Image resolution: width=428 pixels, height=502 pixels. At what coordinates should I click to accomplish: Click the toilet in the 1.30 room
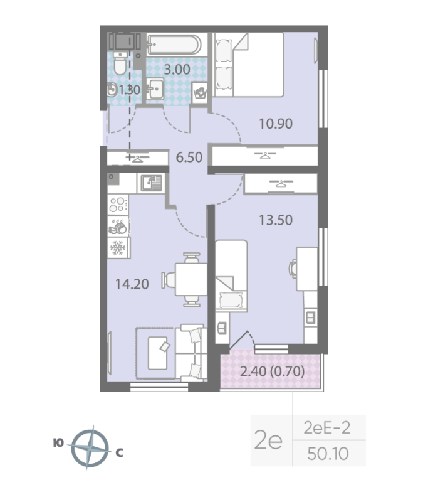point(120,63)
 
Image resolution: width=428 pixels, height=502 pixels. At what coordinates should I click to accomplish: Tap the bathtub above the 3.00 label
point(174,45)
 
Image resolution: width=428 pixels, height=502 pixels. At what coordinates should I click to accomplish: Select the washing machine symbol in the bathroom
point(200,93)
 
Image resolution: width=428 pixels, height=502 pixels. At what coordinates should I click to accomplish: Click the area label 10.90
point(276,124)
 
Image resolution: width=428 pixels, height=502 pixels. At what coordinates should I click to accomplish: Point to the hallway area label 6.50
point(189,158)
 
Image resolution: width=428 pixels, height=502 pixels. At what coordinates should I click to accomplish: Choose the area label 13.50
point(276,220)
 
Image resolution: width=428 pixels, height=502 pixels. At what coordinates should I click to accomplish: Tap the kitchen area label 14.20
point(132,284)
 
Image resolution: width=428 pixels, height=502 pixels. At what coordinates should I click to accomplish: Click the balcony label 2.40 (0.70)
point(272,371)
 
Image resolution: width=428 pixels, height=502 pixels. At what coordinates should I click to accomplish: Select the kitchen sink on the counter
point(152,183)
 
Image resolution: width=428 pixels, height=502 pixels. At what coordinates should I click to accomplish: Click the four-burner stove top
point(118,205)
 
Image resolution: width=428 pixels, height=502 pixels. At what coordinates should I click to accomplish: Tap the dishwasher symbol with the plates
point(118,227)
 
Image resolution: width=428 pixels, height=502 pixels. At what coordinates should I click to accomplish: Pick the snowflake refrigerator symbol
point(118,248)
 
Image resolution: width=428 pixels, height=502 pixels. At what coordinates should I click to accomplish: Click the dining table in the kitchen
point(191,279)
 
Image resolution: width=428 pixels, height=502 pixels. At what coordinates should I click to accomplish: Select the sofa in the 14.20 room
point(192,353)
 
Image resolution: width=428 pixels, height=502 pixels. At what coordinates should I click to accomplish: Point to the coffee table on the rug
point(157,353)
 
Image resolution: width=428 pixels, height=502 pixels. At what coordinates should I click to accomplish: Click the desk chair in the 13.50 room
point(293,269)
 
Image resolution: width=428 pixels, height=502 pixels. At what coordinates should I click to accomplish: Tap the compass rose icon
point(90,448)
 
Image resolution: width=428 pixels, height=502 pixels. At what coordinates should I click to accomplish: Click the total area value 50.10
point(328,454)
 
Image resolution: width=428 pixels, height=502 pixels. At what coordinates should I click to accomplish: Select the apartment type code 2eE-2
point(327,428)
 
